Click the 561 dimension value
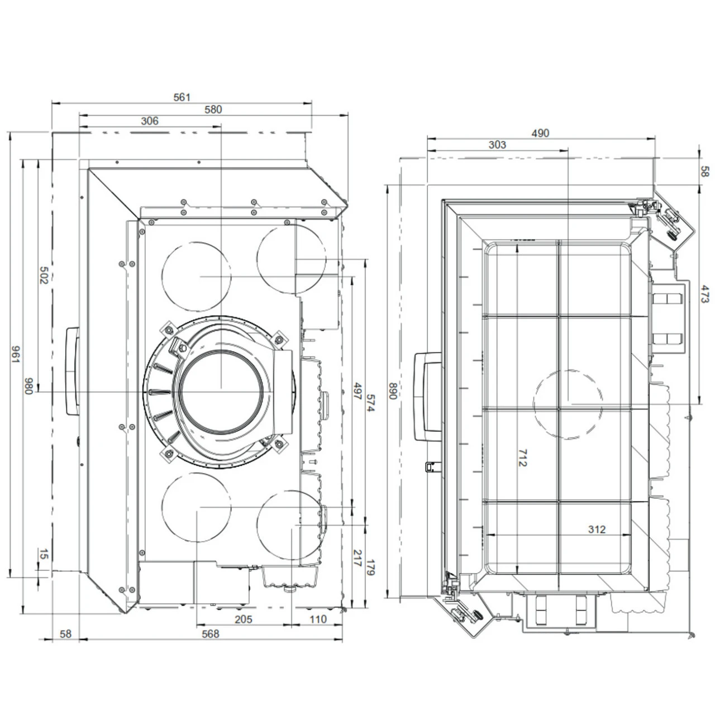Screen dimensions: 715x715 (x=182, y=97)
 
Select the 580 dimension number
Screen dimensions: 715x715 (x=213, y=109)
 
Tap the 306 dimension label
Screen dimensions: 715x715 (x=150, y=121)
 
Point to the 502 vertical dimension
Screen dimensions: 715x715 (x=44, y=275)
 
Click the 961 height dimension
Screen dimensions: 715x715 (x=16, y=355)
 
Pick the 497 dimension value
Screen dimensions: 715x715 (x=357, y=390)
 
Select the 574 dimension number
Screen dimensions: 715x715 (x=371, y=403)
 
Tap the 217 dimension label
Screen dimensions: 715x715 (x=357, y=558)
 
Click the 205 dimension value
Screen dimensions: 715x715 (x=244, y=619)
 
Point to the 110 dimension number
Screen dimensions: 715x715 (x=318, y=619)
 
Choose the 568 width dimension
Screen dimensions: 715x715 (x=211, y=634)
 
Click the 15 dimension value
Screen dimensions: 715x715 (x=44, y=554)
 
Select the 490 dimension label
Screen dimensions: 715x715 (x=540, y=133)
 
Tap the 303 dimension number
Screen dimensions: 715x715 (x=497, y=145)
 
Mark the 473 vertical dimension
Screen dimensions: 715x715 (x=705, y=294)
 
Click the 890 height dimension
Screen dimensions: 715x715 (x=393, y=390)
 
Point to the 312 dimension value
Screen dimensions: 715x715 (x=597, y=529)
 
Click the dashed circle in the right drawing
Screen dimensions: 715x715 (x=568, y=404)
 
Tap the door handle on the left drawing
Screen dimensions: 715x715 (x=73, y=371)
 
